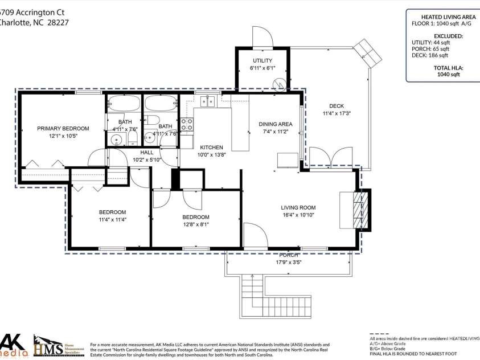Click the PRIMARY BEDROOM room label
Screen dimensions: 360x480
[x=63, y=128]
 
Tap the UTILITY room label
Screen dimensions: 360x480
[x=262, y=60]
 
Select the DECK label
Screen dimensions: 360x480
[x=337, y=106]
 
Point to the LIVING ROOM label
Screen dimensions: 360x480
[x=298, y=207]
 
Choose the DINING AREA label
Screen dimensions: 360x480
[x=276, y=124]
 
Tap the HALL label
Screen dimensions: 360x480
[x=147, y=152]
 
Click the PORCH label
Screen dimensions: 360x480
[x=288, y=255]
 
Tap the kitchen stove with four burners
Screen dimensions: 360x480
[x=187, y=124]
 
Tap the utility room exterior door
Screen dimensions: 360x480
[x=262, y=37]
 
